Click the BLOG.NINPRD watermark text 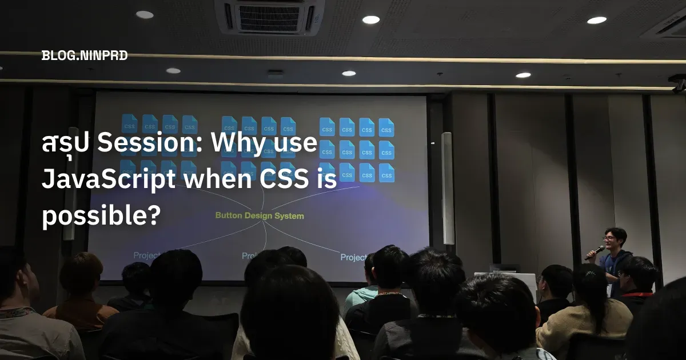click(x=84, y=55)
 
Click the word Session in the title click(x=150, y=145)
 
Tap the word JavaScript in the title click(x=108, y=181)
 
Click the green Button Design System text click(x=260, y=216)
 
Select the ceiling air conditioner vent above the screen click(x=269, y=17)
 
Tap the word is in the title click(x=324, y=181)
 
